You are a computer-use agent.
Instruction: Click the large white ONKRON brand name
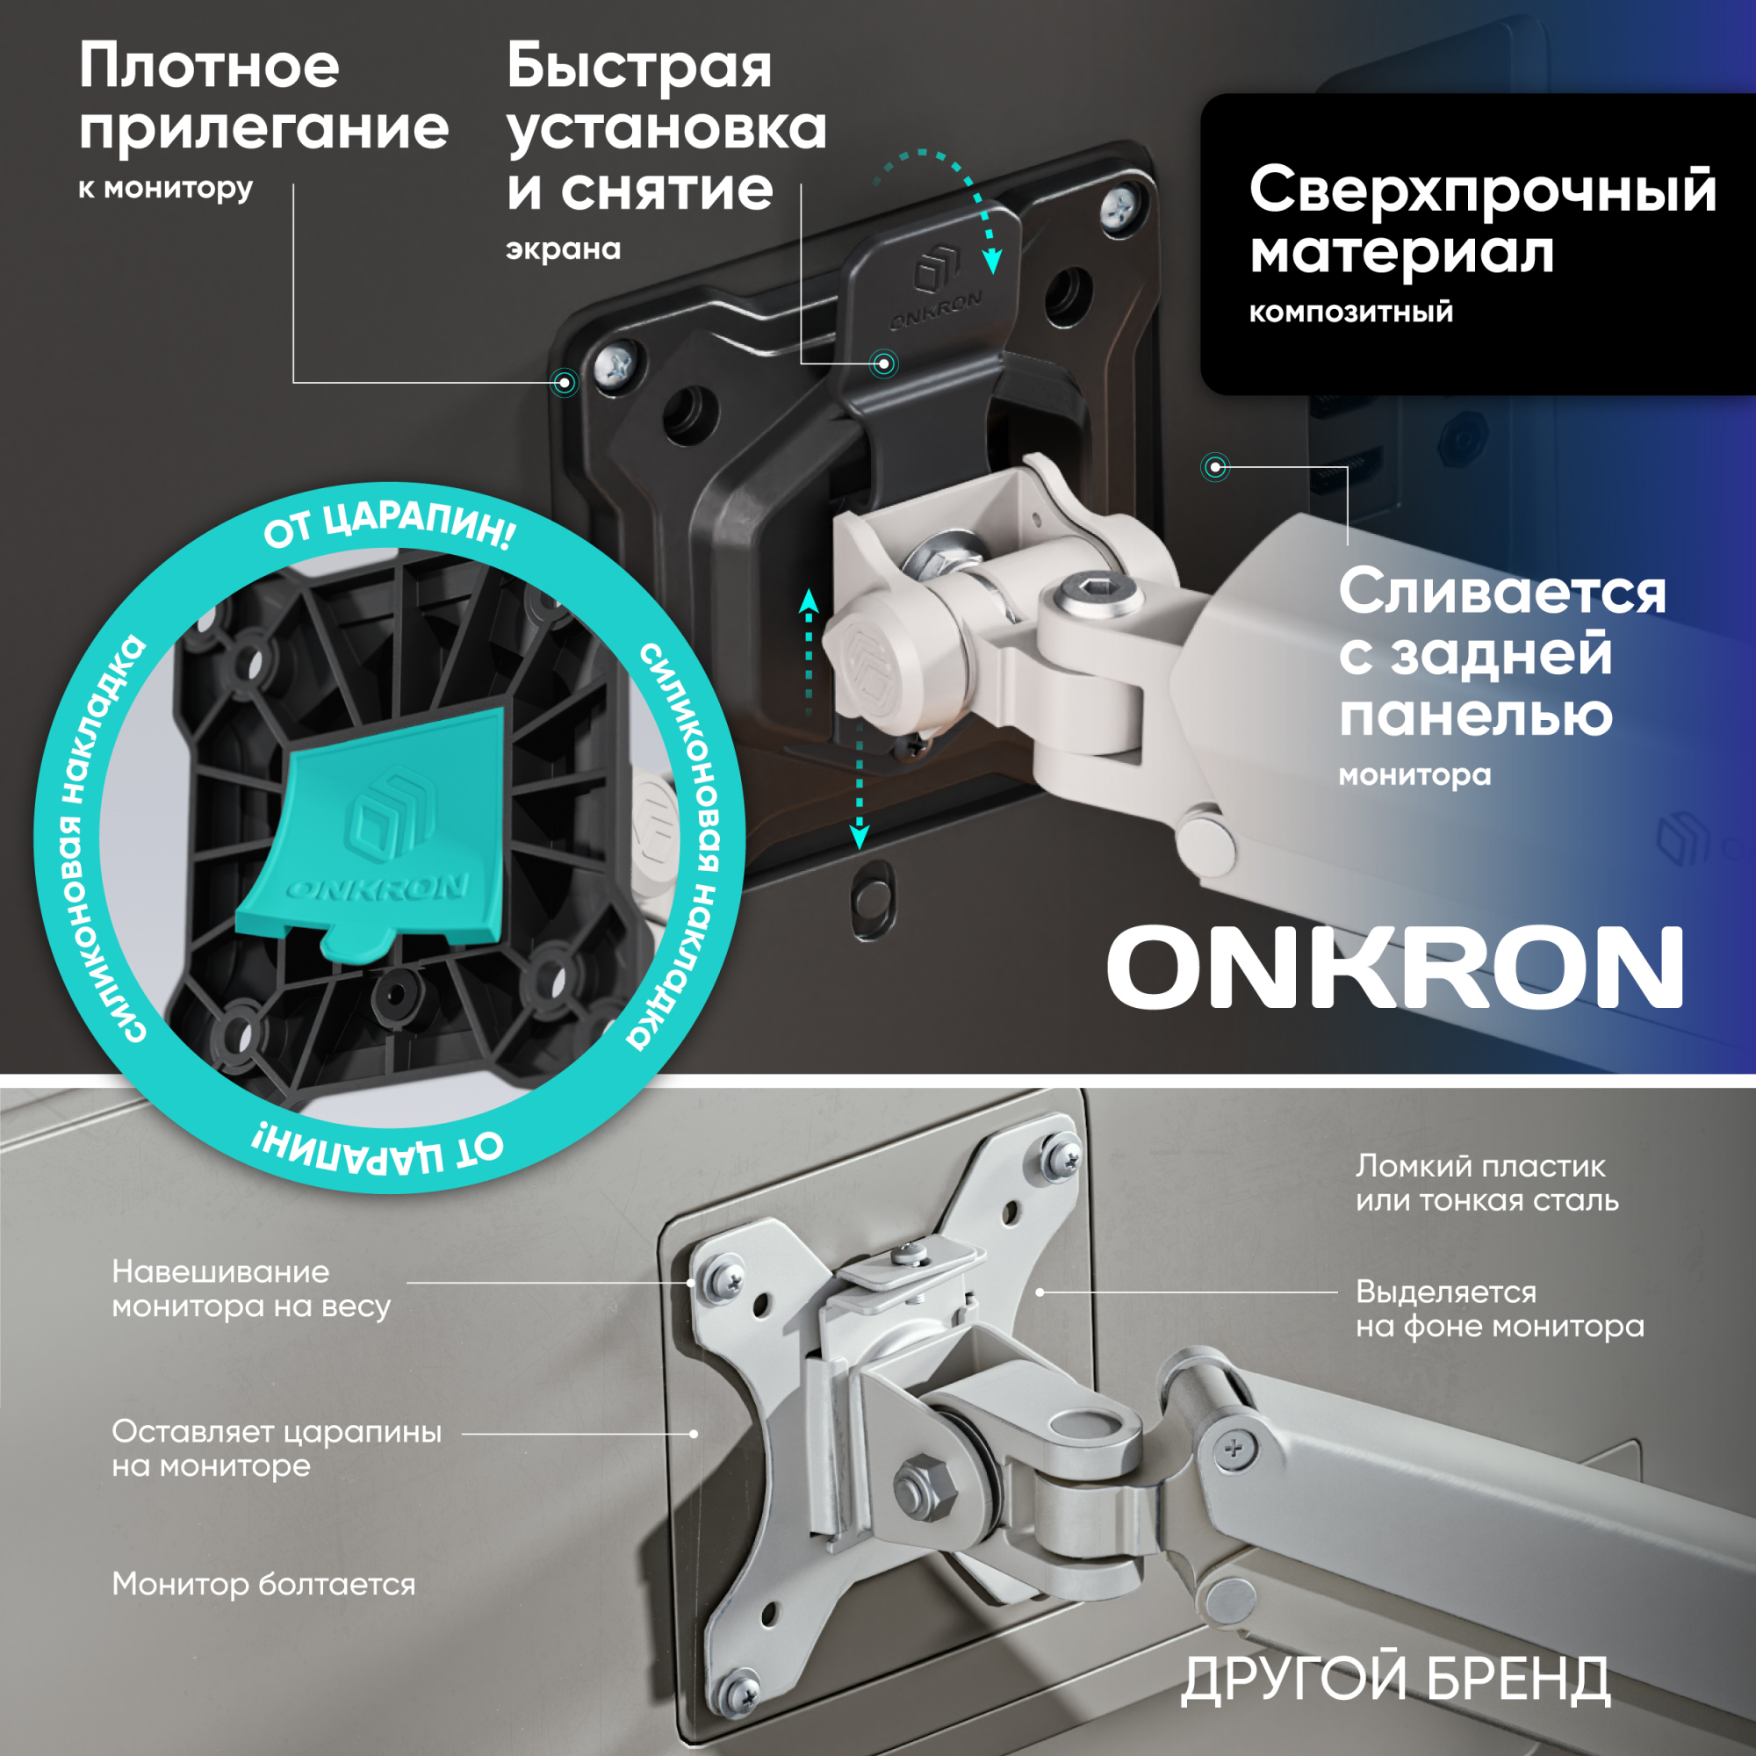point(1395,967)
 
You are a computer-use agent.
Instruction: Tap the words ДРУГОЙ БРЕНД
point(1396,1678)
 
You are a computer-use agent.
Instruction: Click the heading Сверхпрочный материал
point(1482,220)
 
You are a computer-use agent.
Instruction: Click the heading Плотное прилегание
point(263,97)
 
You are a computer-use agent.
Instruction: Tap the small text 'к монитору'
point(165,188)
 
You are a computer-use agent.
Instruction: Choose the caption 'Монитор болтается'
point(263,1583)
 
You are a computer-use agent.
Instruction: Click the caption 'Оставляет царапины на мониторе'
point(277,1448)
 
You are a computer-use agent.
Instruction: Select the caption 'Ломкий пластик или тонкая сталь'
point(1487,1183)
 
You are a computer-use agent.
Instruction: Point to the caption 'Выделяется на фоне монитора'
point(1500,1308)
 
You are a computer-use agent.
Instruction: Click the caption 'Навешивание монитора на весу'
point(251,1288)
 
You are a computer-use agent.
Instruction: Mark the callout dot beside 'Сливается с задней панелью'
point(1216,468)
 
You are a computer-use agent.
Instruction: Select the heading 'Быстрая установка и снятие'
point(666,127)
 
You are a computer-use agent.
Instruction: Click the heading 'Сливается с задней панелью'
point(1502,651)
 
